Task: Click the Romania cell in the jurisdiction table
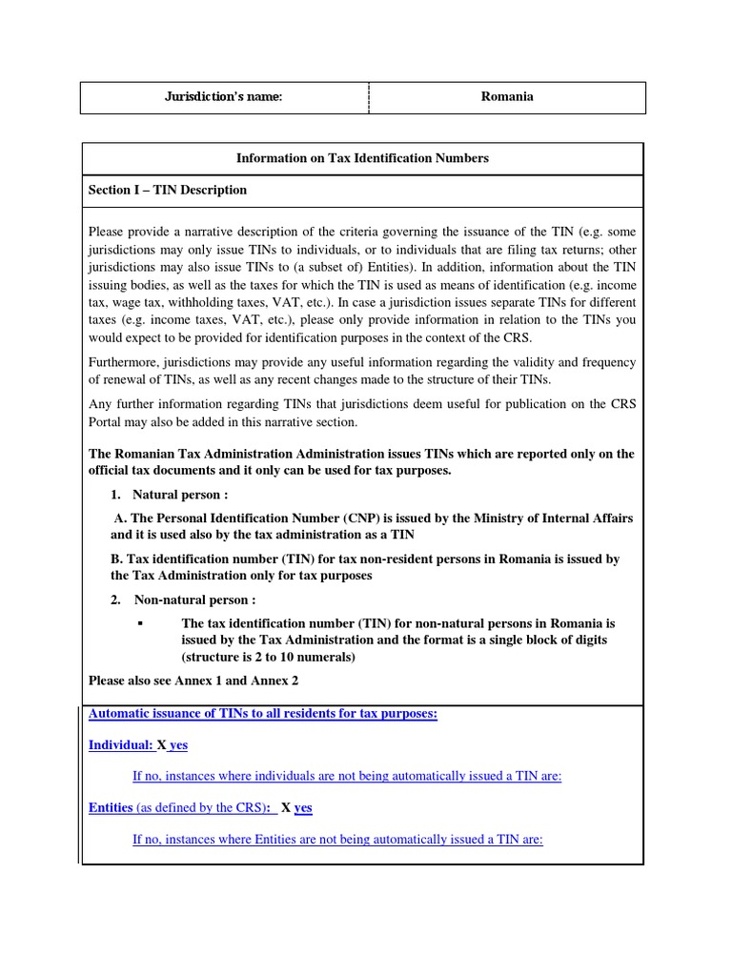[x=506, y=96]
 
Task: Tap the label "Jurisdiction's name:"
[x=224, y=96]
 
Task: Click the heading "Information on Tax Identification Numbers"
[x=362, y=158]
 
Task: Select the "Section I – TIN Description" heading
[x=168, y=190]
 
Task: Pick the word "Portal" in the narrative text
[x=108, y=421]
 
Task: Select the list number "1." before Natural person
[x=116, y=495]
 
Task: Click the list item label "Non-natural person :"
[x=194, y=600]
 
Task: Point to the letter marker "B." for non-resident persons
[x=118, y=559]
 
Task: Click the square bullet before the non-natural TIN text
[x=139, y=622]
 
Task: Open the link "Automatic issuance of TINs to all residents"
[x=262, y=714]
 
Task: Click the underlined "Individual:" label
[x=120, y=744]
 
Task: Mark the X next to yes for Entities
[x=286, y=807]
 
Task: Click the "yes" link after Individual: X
[x=179, y=744]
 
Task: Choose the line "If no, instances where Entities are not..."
[x=337, y=839]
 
